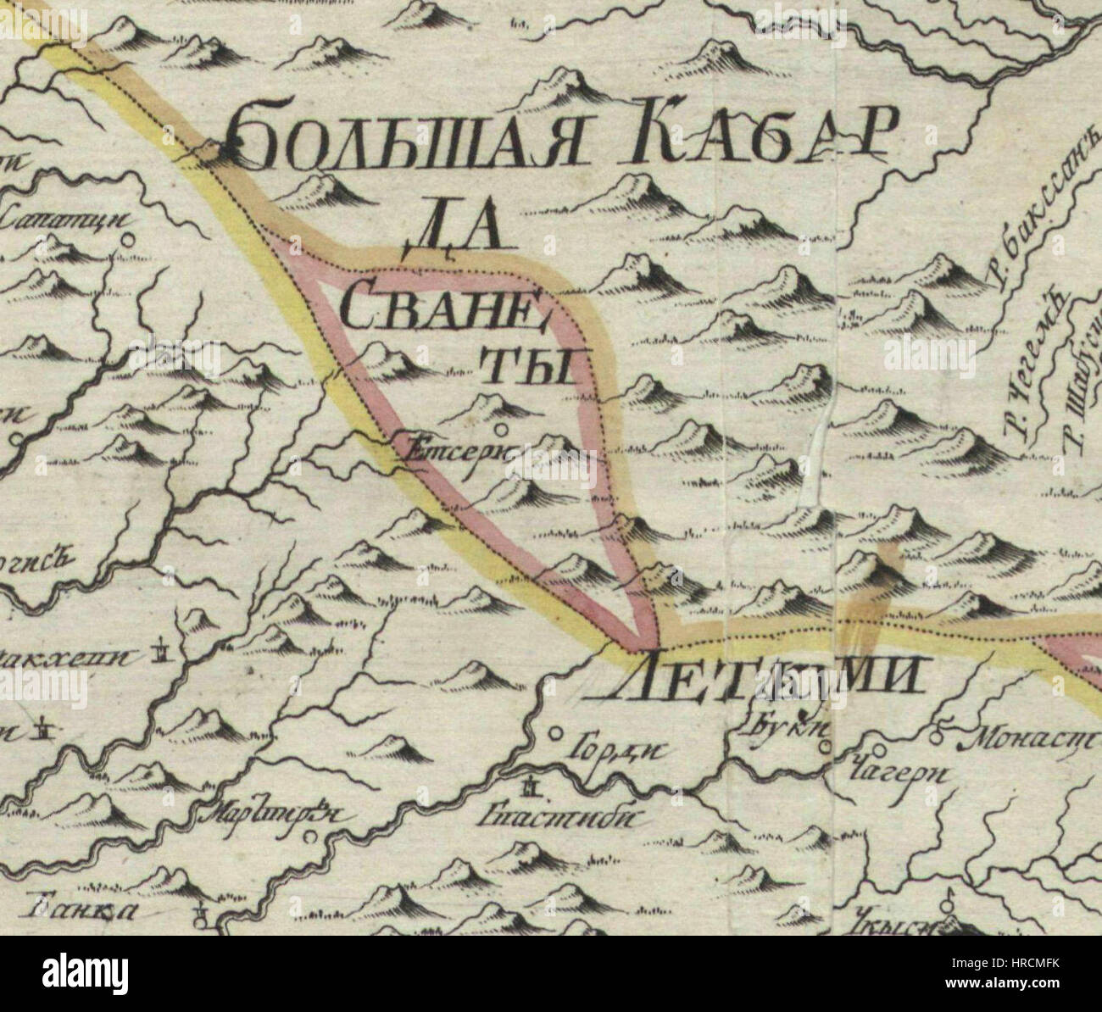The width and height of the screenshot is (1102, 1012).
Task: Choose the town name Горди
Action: point(609,748)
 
